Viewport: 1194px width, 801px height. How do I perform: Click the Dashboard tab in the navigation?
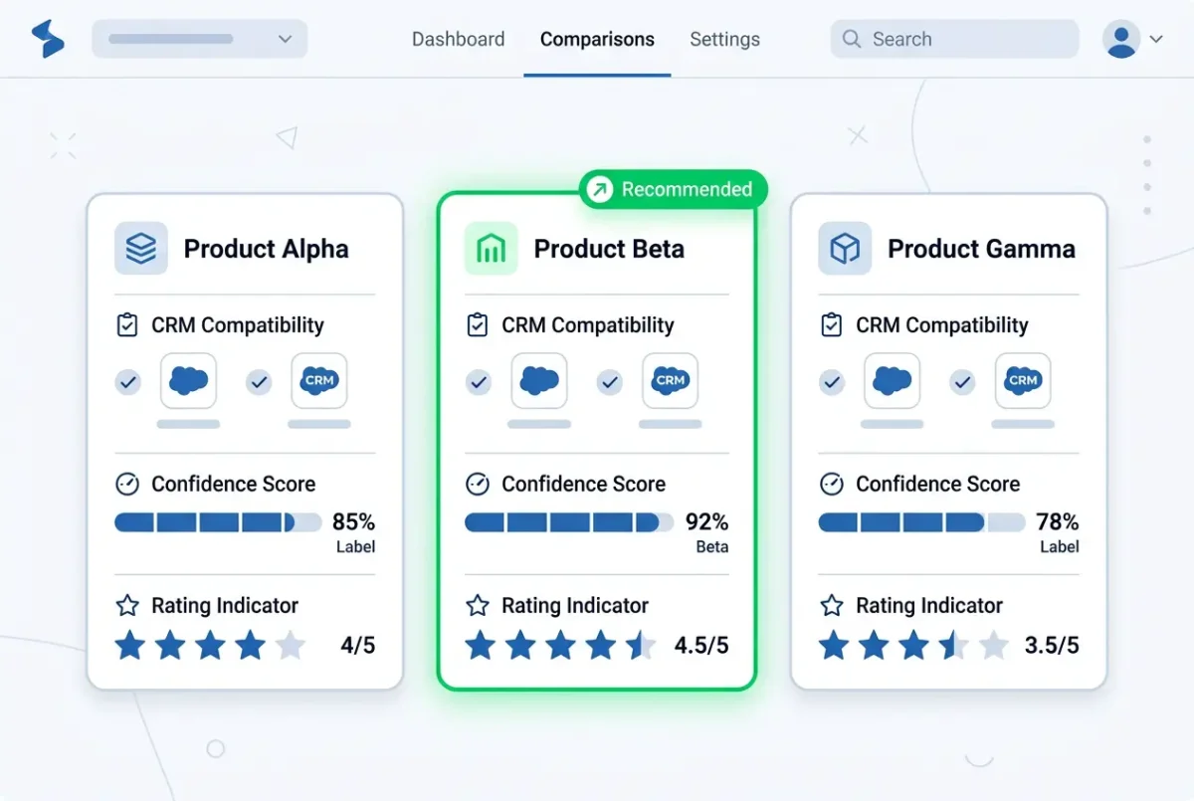458,39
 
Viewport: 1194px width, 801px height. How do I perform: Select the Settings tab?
724,39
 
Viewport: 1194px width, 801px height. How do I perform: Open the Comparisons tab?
597,39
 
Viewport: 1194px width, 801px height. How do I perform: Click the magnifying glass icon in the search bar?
852,39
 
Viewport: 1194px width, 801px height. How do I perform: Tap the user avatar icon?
1121,39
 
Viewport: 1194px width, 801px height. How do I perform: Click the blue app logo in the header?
48,39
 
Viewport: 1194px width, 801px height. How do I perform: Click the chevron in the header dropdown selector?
286,39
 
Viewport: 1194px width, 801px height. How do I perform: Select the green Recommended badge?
674,189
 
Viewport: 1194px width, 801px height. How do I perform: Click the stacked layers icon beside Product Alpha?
140,249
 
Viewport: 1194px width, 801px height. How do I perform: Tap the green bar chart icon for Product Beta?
491,249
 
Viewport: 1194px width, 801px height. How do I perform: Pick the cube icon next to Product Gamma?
845,249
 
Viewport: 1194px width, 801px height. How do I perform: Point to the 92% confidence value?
706,521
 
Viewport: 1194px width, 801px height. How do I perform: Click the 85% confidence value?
353,521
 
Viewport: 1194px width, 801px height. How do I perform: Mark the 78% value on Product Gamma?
1057,521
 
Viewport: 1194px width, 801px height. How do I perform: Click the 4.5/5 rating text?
700,646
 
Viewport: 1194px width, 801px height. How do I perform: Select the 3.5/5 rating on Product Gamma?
1052,646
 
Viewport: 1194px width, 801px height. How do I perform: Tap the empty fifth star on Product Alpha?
291,645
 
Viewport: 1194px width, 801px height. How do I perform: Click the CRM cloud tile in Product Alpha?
318,380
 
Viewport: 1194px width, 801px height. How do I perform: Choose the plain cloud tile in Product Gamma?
892,380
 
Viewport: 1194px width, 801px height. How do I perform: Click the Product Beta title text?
609,249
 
